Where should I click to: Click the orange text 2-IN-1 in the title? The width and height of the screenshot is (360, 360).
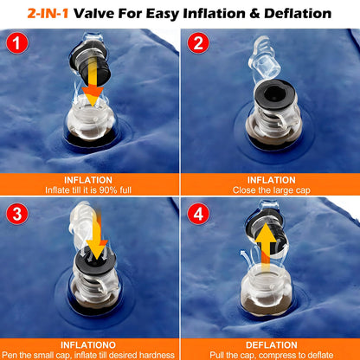(48, 14)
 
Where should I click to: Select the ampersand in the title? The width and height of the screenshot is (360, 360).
(254, 14)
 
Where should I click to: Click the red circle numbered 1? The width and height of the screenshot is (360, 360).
(17, 43)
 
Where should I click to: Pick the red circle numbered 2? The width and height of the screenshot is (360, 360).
(198, 43)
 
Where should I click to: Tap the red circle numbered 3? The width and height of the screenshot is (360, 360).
(17, 214)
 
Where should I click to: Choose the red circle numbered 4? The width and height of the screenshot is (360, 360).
(198, 214)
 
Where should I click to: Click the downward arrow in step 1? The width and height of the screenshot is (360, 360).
(93, 80)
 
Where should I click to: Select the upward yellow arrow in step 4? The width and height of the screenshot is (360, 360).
(266, 245)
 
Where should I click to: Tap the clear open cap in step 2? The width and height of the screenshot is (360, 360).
(264, 59)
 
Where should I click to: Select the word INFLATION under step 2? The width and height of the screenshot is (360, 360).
(272, 180)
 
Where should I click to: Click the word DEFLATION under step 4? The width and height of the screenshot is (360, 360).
(272, 345)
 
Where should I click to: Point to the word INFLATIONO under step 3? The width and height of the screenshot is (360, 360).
(88, 345)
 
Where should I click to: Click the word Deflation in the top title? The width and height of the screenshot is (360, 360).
(298, 14)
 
